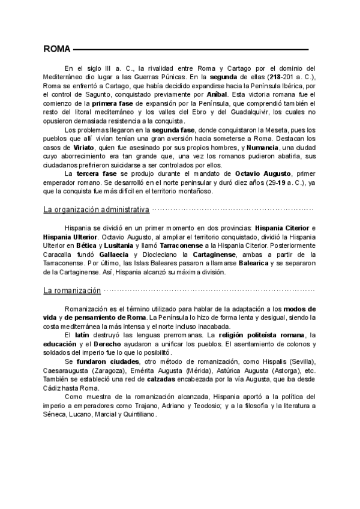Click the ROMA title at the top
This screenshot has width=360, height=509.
coord(58,49)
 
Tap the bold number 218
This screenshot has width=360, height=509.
coord(277,77)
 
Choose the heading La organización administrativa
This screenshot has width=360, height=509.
coord(96,209)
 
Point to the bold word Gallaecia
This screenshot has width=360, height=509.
coord(114,254)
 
